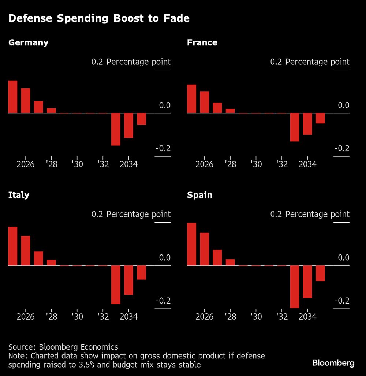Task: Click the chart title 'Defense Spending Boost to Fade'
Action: (x=99, y=18)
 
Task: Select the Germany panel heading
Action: (x=28, y=42)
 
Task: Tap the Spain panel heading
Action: (x=199, y=195)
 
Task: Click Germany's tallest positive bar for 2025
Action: (x=13, y=97)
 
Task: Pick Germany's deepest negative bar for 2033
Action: (x=116, y=129)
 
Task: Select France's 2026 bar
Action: (x=205, y=102)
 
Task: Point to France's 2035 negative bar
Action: (x=320, y=118)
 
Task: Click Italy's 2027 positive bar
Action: (x=38, y=258)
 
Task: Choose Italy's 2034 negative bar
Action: (x=128, y=280)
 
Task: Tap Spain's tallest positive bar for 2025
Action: (x=191, y=244)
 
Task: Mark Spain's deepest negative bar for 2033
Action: (x=295, y=287)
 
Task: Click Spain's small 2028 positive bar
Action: (x=230, y=262)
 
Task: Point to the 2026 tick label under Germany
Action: (x=26, y=164)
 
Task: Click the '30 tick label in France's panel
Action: (x=256, y=164)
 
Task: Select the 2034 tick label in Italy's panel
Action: (x=128, y=316)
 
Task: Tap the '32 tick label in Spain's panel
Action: (x=281, y=316)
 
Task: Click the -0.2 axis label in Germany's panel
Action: (x=163, y=148)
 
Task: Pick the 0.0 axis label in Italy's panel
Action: (x=165, y=258)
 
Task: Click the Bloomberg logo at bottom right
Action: (x=333, y=363)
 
